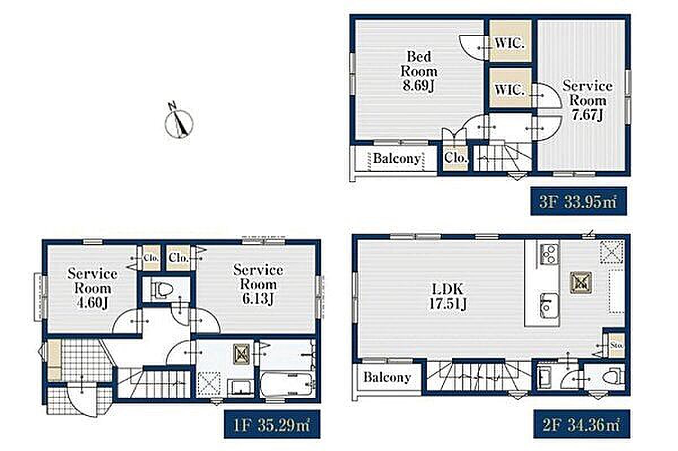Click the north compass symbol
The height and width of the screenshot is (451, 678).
coord(179,120)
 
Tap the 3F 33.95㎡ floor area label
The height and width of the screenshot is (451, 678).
coord(579,201)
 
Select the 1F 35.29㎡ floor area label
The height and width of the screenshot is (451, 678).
coord(272,424)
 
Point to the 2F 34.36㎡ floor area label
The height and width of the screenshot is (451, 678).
coord(582,424)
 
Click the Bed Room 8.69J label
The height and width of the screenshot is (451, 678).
coord(419,71)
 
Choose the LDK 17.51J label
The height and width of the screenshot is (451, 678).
coord(447,297)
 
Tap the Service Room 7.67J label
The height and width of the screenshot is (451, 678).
coord(587,101)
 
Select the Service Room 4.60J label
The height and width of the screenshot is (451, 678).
coord(92,288)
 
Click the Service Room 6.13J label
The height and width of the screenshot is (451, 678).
coord(258,284)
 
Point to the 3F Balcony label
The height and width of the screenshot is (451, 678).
coord(397,158)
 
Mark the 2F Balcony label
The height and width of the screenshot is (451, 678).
coord(387,377)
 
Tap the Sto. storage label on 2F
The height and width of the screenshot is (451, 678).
coord(616,345)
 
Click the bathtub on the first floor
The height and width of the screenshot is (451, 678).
coord(286,385)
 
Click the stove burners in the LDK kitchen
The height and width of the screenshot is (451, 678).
coord(549,254)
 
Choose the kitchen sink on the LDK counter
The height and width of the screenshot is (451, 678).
coord(549,305)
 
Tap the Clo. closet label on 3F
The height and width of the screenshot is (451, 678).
coord(456,158)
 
